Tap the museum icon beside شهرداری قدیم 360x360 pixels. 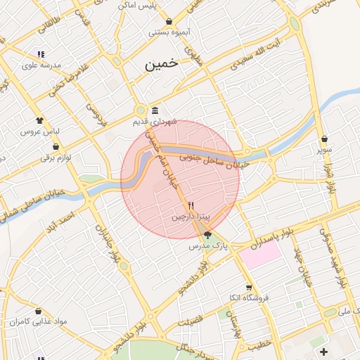[155, 111]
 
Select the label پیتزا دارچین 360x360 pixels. [190, 217]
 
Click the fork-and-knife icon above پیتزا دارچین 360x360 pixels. [191, 205]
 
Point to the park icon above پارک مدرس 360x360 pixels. [207, 235]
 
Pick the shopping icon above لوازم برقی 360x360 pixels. [56, 147]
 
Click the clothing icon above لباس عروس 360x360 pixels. [40, 120]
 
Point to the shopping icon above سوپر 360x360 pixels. [323, 139]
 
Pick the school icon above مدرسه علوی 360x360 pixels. [41, 54]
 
